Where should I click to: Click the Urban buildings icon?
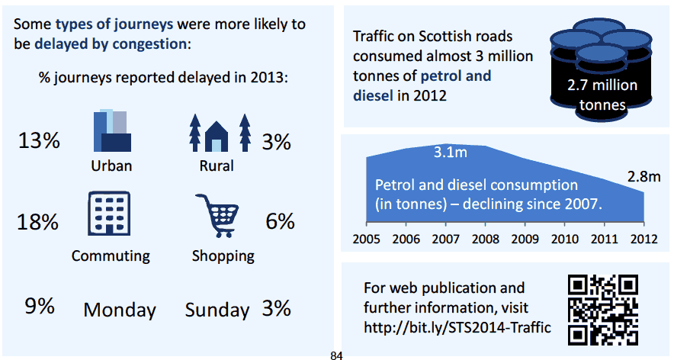tap(111, 130)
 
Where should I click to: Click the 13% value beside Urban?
tap(39, 141)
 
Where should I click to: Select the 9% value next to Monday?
tap(39, 307)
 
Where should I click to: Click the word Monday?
tap(120, 310)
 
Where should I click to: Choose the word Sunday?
tap(217, 310)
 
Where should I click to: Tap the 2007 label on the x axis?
tap(445, 236)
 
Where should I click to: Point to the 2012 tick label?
tap(643, 236)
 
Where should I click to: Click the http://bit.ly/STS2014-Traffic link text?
tap(457, 329)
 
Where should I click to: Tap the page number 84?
tap(337, 355)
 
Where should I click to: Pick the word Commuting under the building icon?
tap(111, 256)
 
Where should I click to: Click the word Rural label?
tap(217, 166)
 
